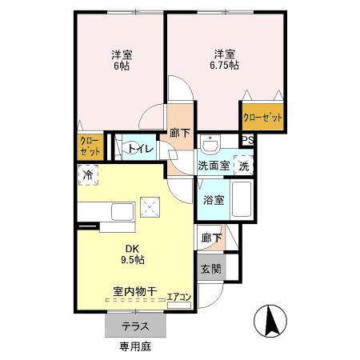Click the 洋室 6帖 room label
tap(122, 60)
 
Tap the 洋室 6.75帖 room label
tap(225, 60)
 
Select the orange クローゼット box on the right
tap(263, 118)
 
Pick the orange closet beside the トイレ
tap(89, 146)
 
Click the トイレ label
tap(141, 149)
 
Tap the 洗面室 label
tap(214, 166)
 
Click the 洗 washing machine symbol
tap(244, 166)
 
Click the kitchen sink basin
tap(122, 212)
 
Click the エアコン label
tap(179, 298)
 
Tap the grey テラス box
tap(134, 326)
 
